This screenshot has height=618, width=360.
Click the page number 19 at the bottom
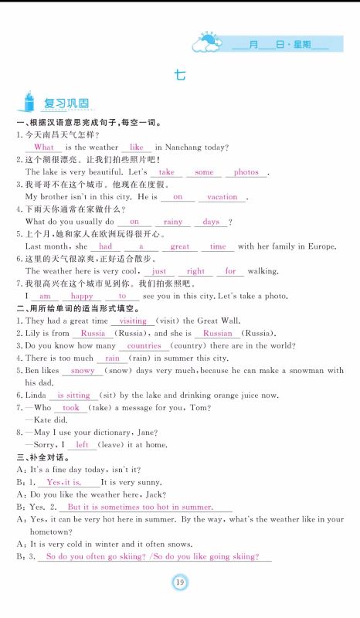coord(180,582)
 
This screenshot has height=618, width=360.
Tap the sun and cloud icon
coord(206,42)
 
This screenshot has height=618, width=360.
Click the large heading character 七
coord(180,76)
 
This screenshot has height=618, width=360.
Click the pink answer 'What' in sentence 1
coord(44,147)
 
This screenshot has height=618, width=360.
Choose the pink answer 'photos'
coord(246,172)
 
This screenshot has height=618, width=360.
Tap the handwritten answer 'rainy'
coord(173,222)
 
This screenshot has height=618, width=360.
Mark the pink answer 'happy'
coord(82,296)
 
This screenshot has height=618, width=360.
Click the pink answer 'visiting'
coord(133,321)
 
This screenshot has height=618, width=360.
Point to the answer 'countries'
coord(143,346)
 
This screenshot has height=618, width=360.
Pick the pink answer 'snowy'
coord(82,371)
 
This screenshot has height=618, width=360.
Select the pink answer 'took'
coord(70,407)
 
